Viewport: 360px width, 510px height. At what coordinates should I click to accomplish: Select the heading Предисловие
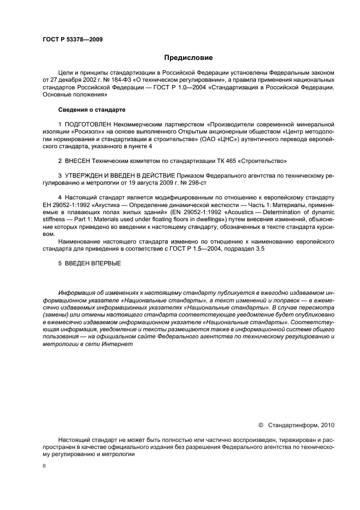point(188,57)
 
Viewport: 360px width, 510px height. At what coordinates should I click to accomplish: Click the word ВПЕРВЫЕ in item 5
point(106,264)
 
